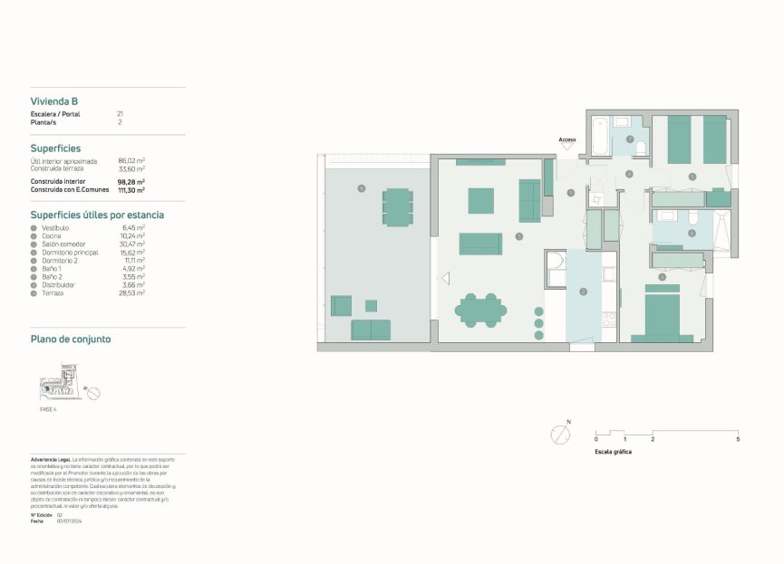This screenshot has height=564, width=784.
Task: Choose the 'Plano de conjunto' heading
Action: click(x=71, y=339)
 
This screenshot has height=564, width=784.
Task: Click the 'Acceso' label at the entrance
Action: click(x=567, y=139)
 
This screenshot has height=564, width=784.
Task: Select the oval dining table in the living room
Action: click(x=480, y=311)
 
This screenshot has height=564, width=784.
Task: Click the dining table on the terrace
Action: click(x=397, y=206)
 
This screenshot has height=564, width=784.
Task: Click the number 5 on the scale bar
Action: click(x=738, y=439)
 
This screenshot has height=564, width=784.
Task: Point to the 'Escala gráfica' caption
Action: click(x=613, y=451)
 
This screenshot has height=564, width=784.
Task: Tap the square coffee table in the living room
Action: click(x=480, y=200)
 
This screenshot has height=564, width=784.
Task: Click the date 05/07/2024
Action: click(x=70, y=521)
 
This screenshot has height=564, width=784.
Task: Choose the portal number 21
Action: click(x=120, y=114)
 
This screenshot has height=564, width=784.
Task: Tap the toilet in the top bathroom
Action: click(x=640, y=148)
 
